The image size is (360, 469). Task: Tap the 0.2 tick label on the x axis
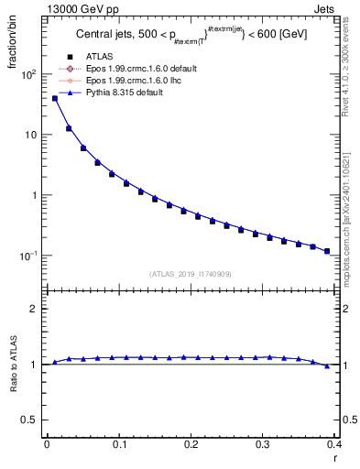coord(191,443)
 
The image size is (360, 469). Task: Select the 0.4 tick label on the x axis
coord(334,443)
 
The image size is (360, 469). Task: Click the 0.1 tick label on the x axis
coord(118,443)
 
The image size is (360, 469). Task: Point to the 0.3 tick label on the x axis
coord(263,443)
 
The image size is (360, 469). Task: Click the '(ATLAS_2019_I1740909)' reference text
coord(191,274)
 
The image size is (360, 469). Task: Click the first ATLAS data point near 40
coord(55,98)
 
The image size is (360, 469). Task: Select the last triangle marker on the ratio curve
coord(327,365)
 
